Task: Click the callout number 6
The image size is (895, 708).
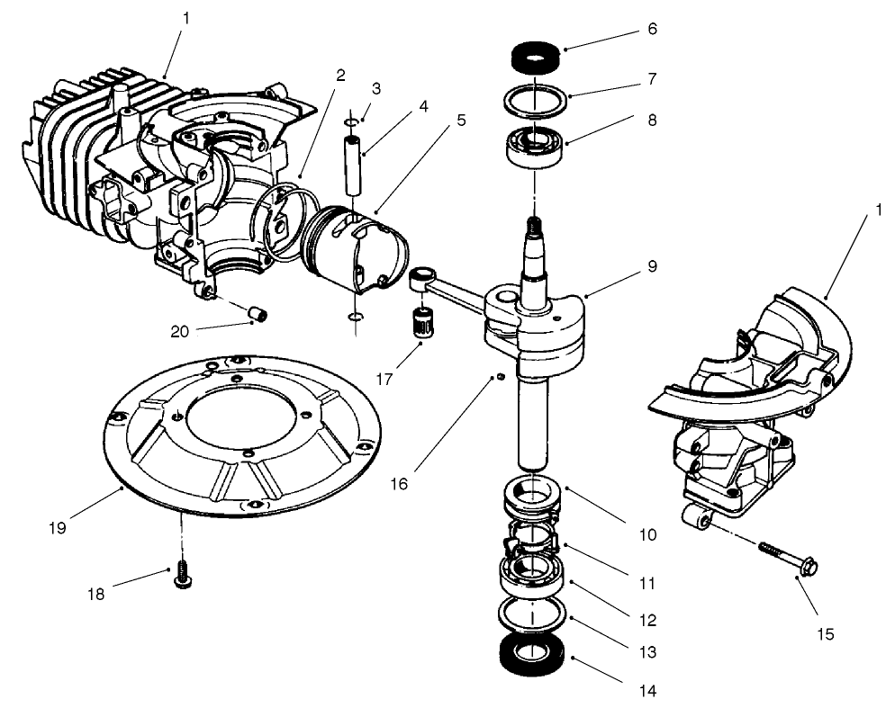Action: click(x=652, y=30)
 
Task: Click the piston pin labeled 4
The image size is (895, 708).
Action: click(x=355, y=162)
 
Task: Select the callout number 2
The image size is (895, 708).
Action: click(x=340, y=76)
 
